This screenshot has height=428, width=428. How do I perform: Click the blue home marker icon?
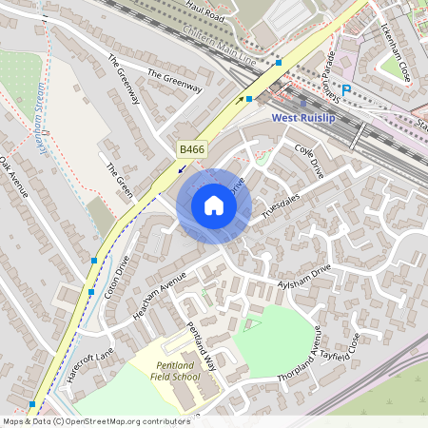(x=214, y=205)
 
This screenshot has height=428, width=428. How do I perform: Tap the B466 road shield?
(x=190, y=150)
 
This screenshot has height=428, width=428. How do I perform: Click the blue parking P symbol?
(x=346, y=90)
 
